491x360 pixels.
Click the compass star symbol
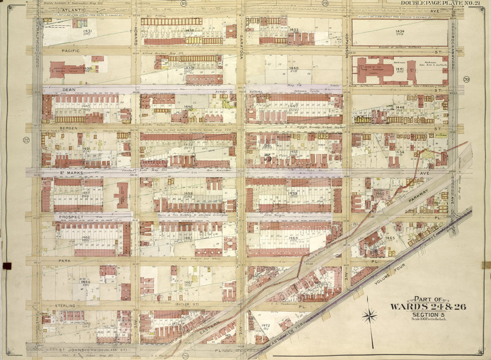click(369, 315)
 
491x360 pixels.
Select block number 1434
click(400, 32)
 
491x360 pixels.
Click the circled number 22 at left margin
click(26, 140)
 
